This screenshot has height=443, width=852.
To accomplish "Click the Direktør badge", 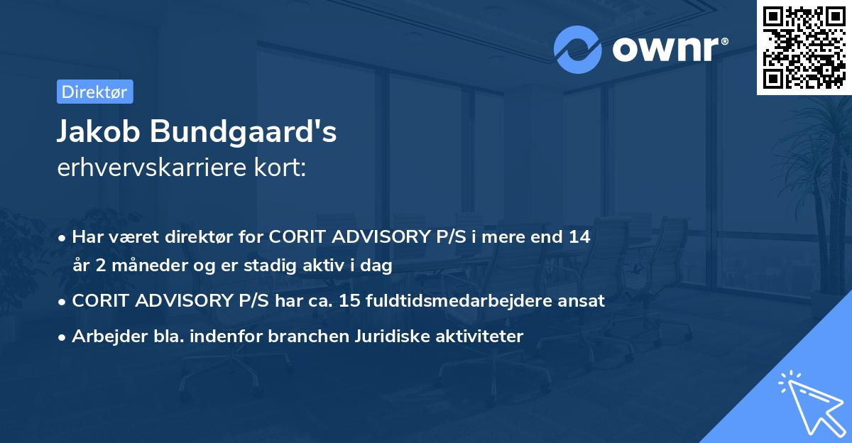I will (94, 92).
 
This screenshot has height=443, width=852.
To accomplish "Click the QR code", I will (804, 48).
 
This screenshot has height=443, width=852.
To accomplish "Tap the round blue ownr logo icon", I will (578, 49).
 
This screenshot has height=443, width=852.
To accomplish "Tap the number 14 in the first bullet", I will (579, 236).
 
